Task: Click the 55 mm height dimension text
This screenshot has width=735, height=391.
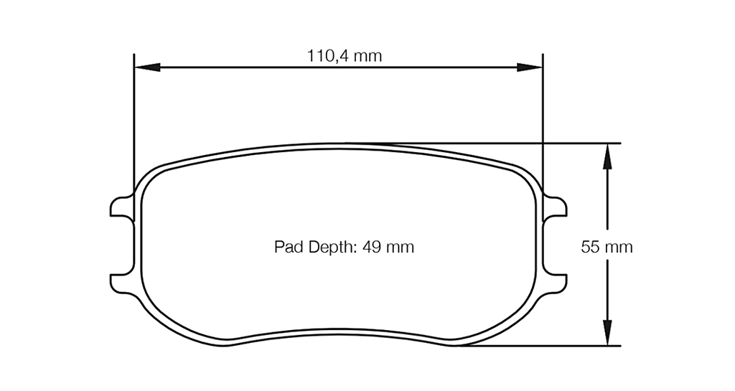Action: (x=607, y=247)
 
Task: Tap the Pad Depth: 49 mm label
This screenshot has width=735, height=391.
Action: (x=345, y=247)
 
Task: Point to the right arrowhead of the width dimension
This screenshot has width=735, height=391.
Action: (x=531, y=67)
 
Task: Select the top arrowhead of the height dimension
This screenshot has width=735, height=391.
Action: (x=607, y=154)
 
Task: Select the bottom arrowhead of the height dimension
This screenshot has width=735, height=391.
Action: (x=607, y=334)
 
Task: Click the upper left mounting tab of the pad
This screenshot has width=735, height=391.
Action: (x=121, y=207)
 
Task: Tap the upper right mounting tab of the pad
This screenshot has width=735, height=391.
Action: (x=556, y=207)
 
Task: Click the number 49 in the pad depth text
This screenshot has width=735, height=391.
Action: (x=372, y=247)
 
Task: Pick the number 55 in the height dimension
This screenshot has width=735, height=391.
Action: (x=590, y=247)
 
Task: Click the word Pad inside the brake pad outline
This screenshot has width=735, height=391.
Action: (x=286, y=247)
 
